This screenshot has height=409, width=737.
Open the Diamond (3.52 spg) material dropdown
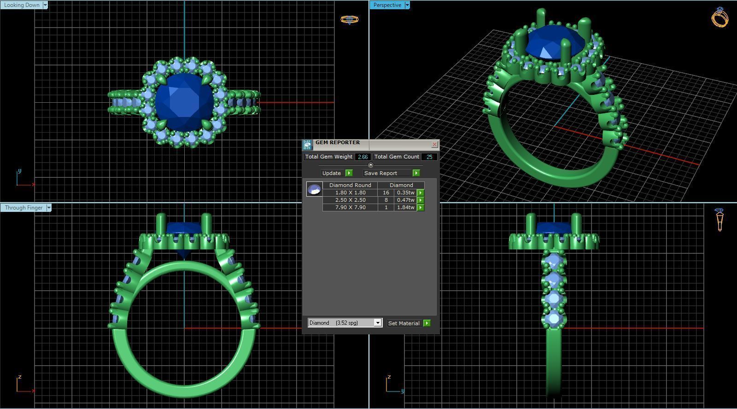point(377,323)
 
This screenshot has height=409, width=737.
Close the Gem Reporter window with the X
point(434,145)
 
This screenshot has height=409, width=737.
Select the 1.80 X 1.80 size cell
point(350,193)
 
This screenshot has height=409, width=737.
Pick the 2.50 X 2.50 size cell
point(350,200)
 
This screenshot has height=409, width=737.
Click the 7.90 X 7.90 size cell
point(350,207)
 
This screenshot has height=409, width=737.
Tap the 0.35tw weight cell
point(405,193)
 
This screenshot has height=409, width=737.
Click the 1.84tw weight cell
point(405,207)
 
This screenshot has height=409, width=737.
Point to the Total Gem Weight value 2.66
point(363,157)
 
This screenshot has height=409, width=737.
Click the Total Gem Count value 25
point(429,157)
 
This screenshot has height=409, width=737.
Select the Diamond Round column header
point(350,185)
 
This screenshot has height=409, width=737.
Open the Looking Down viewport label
point(22,5)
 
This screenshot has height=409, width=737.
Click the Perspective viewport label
point(387,5)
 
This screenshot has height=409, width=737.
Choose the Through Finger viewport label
point(23,208)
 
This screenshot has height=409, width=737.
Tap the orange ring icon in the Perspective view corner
point(720,18)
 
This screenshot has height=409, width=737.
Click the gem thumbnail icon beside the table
point(314,189)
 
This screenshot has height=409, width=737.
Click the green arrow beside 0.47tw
point(421,200)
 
